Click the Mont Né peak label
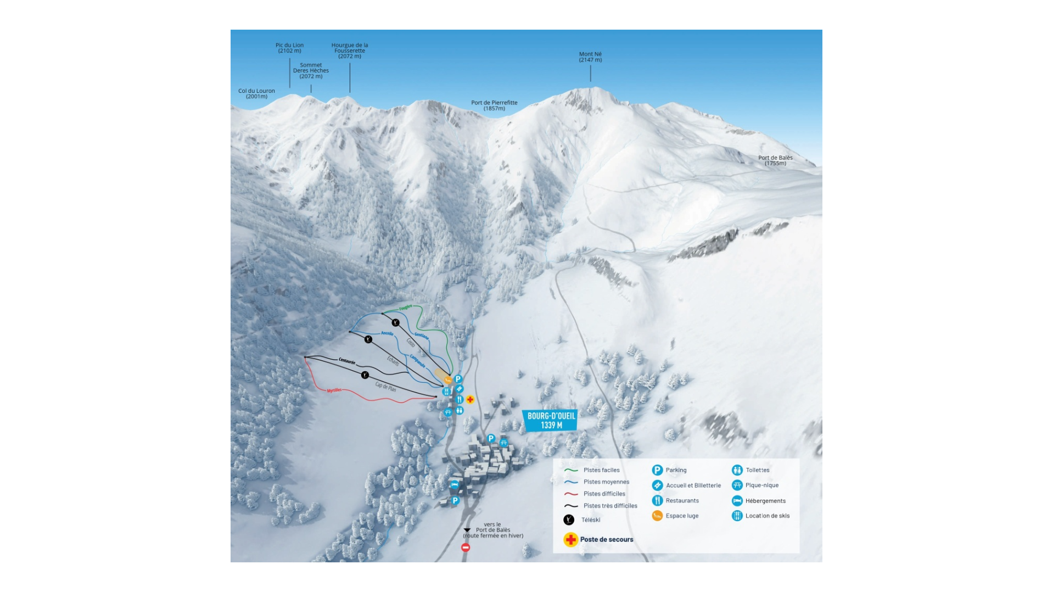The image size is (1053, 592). [x=590, y=57]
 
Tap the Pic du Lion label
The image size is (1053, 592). [x=289, y=48]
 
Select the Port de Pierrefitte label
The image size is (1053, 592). [x=494, y=105]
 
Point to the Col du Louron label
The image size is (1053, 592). [x=256, y=94]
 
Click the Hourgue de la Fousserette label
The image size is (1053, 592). [x=350, y=51]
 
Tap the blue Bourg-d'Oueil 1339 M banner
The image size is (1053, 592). [x=551, y=421]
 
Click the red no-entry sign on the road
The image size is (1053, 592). [x=466, y=548]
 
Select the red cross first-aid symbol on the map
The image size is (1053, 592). [x=470, y=400]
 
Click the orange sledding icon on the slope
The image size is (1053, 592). [x=448, y=379]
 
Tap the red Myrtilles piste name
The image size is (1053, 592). [x=334, y=390]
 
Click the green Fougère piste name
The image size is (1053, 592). [x=405, y=308]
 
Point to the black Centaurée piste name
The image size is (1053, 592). [x=346, y=361]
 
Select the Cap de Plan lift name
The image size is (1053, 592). [x=385, y=387]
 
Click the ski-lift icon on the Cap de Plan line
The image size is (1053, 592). [x=365, y=375]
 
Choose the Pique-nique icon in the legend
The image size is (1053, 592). [x=737, y=485]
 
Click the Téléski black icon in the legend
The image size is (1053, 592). [x=569, y=520]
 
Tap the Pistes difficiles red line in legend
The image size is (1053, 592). [x=571, y=494]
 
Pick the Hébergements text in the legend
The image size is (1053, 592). [x=765, y=501]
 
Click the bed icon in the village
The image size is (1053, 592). [x=454, y=485]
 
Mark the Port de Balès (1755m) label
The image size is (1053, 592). [x=775, y=160]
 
